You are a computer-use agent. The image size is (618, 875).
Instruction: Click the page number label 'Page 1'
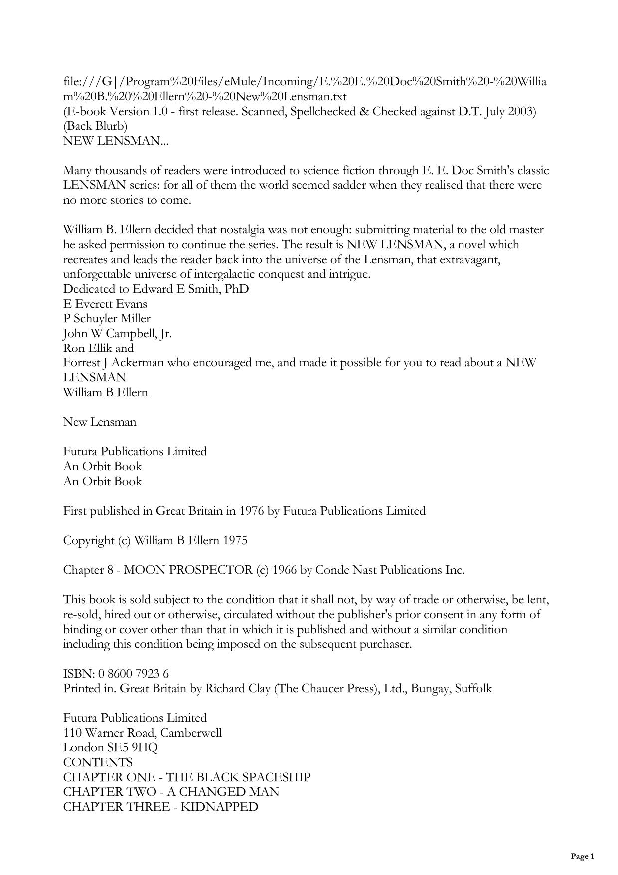[x=582, y=856]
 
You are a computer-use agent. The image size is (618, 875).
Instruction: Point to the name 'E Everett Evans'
[x=105, y=304]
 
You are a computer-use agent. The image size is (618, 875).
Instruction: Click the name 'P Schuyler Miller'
[x=107, y=319]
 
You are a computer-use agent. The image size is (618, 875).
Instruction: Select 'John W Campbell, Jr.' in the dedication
[x=118, y=334]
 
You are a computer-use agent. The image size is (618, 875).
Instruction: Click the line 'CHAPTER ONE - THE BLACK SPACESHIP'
[x=187, y=777]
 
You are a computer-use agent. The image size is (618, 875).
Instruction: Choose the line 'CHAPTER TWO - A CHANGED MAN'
[x=171, y=792]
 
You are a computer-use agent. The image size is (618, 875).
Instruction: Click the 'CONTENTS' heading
[x=98, y=762]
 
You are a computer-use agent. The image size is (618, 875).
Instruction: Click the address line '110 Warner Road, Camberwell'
[x=143, y=733]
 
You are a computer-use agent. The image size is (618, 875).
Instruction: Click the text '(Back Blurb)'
[x=95, y=126]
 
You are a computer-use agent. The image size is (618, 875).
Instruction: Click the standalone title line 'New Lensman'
[x=100, y=422]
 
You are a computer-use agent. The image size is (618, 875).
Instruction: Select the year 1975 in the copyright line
[x=235, y=541]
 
